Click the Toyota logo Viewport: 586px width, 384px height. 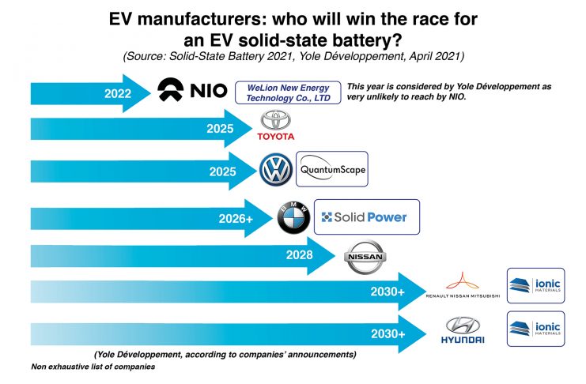pos(275,127)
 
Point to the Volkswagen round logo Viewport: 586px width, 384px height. pos(276,170)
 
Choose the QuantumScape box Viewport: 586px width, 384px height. pos(331,169)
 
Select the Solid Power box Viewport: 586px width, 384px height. pos(366,216)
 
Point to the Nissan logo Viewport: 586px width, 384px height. pos(365,258)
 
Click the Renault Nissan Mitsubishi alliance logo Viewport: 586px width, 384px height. pos(463,285)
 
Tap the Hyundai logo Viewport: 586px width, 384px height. pos(463,329)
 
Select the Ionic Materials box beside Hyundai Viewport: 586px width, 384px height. pos(535,329)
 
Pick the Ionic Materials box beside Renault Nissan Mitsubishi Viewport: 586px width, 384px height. pos(535,285)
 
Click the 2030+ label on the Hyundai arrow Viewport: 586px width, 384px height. pos(388,334)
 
